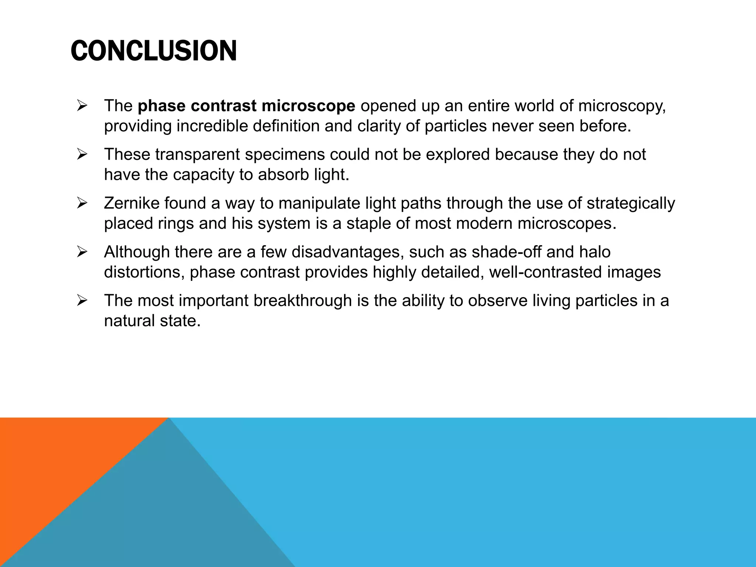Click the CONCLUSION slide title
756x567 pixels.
(154, 51)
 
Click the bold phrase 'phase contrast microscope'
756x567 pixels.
(246, 106)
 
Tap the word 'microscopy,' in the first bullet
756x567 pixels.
(622, 106)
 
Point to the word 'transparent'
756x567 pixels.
(197, 155)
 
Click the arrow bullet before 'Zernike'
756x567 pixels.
(82, 203)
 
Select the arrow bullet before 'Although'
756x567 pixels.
(82, 252)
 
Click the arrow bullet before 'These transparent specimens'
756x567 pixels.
(82, 155)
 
